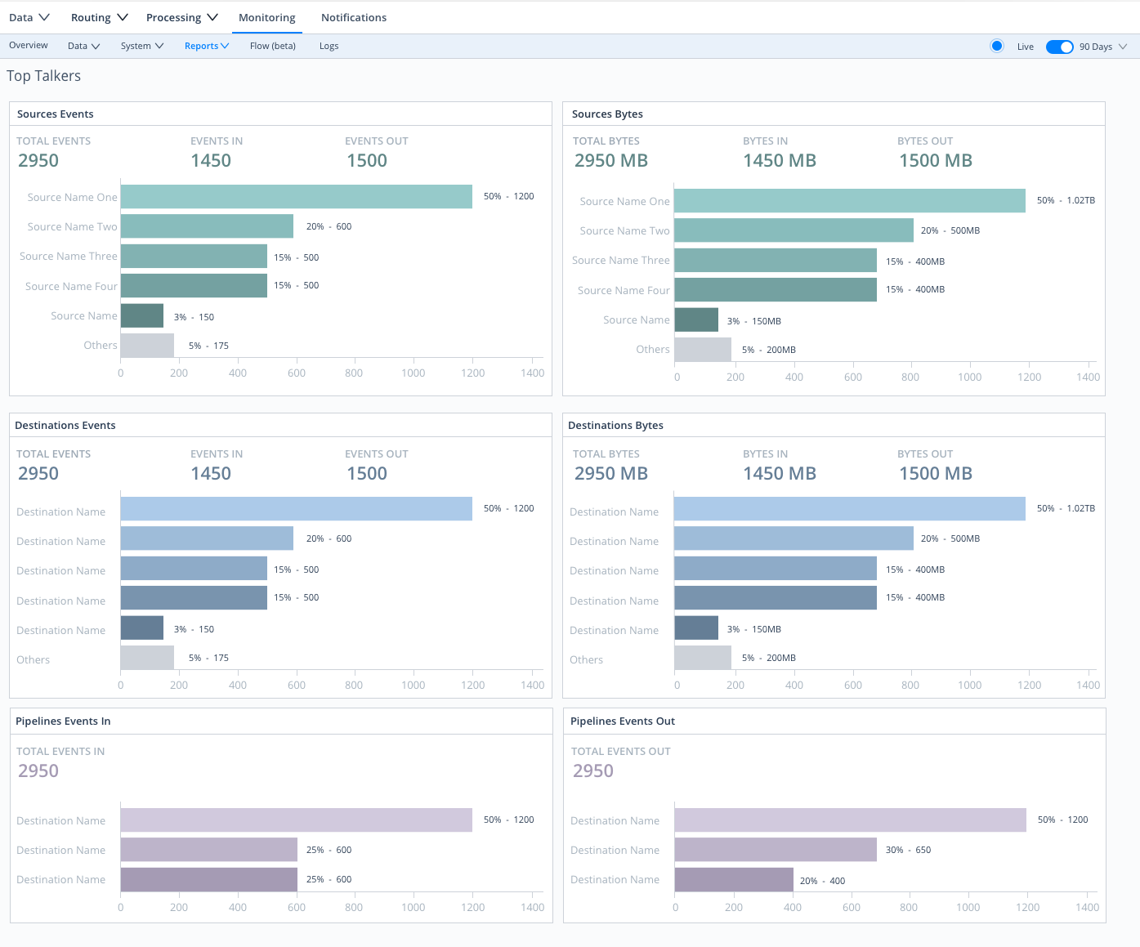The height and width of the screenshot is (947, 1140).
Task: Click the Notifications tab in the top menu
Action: (353, 17)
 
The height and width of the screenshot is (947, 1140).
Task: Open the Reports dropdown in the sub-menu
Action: (206, 46)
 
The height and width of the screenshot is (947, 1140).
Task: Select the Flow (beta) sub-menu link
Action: (272, 46)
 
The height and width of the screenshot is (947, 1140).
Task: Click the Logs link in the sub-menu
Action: (329, 46)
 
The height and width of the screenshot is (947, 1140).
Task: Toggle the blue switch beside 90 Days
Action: (1059, 47)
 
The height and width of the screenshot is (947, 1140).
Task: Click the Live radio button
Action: (996, 46)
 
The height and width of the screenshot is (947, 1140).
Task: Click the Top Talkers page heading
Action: (44, 76)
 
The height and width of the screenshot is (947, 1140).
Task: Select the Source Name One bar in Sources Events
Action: (296, 197)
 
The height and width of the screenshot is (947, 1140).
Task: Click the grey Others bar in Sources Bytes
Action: (702, 350)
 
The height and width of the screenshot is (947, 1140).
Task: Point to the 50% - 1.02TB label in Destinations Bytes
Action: (1065, 508)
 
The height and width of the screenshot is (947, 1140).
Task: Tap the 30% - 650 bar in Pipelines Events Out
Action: (775, 850)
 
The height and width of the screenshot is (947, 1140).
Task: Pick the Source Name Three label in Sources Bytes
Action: (620, 261)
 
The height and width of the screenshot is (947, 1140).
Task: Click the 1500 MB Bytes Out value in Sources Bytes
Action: (935, 161)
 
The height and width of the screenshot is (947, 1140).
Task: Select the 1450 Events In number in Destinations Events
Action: (211, 474)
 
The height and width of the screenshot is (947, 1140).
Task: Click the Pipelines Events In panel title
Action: (63, 721)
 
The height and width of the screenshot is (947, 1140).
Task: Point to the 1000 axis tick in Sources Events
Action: (413, 373)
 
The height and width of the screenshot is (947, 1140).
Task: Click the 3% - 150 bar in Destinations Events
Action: (142, 628)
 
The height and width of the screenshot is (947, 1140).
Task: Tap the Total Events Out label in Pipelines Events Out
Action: (620, 752)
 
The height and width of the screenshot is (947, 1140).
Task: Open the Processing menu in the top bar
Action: (181, 17)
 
